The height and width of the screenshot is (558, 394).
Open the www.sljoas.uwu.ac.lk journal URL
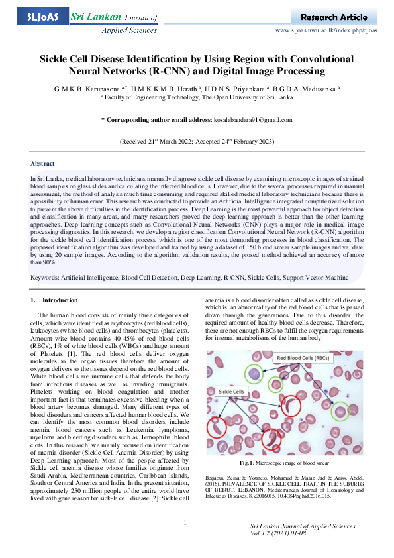[325, 30]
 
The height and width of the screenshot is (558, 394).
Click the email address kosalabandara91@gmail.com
[253, 119]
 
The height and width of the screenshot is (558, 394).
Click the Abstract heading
[42, 163]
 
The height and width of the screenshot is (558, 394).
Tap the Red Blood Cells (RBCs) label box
[304, 359]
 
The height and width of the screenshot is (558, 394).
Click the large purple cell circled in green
[254, 374]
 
